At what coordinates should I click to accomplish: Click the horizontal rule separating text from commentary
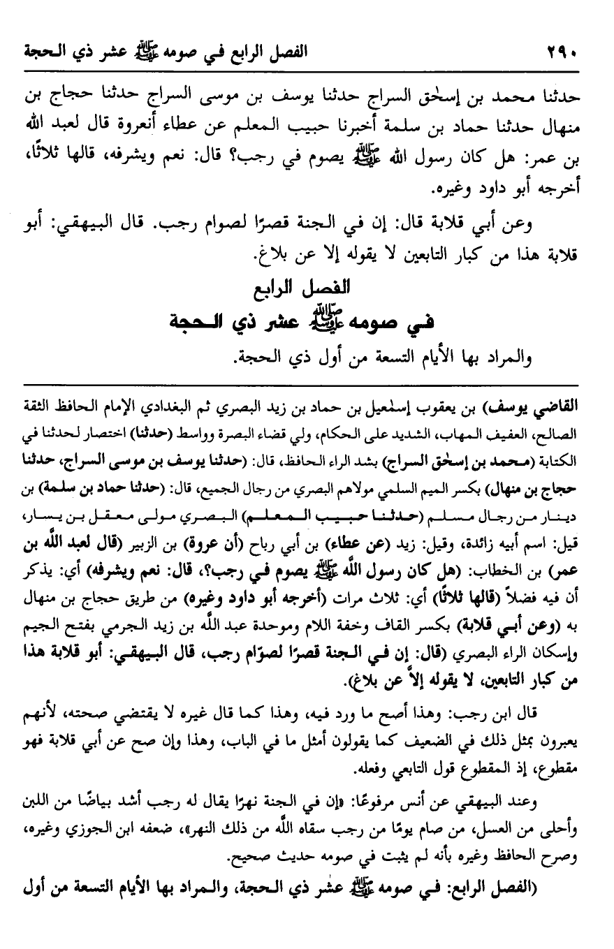tap(307, 383)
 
